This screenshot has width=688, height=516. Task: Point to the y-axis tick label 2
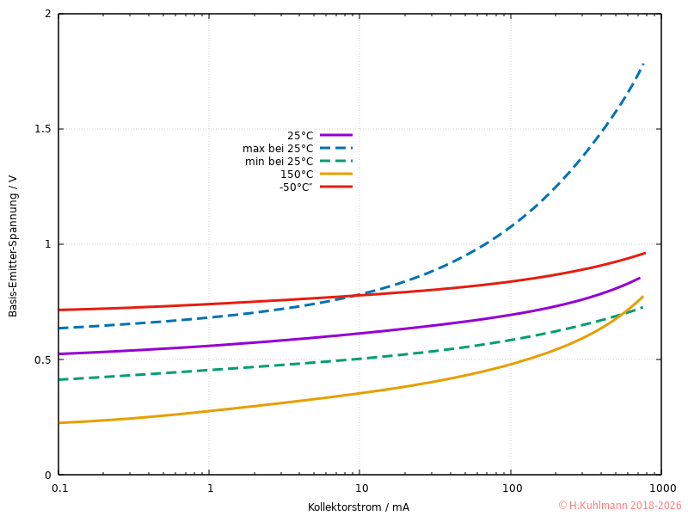click(x=48, y=15)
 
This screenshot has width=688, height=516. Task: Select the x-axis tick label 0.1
click(x=58, y=488)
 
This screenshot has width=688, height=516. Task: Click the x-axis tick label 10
click(x=359, y=488)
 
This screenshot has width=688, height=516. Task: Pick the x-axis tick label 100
click(x=511, y=488)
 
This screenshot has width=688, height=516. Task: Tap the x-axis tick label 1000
click(x=661, y=488)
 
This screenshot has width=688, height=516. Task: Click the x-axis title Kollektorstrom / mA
click(x=359, y=507)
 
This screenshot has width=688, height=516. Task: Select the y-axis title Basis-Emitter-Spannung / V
click(x=13, y=245)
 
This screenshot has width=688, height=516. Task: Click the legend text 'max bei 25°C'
click(x=278, y=149)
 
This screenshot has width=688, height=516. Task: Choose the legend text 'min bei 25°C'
click(x=279, y=162)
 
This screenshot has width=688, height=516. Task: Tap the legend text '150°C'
click(x=297, y=175)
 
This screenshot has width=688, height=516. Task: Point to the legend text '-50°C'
click(x=296, y=187)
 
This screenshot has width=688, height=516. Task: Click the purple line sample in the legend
click(x=336, y=135)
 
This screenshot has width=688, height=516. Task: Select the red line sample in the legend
click(x=336, y=187)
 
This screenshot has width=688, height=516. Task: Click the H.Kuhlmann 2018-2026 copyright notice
click(x=619, y=506)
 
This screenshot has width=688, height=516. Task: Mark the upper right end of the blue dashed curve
click(x=643, y=64)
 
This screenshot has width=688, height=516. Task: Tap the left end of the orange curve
click(x=59, y=422)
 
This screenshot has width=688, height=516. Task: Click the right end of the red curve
click(x=645, y=253)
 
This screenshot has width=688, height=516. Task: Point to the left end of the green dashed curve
click(x=59, y=379)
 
